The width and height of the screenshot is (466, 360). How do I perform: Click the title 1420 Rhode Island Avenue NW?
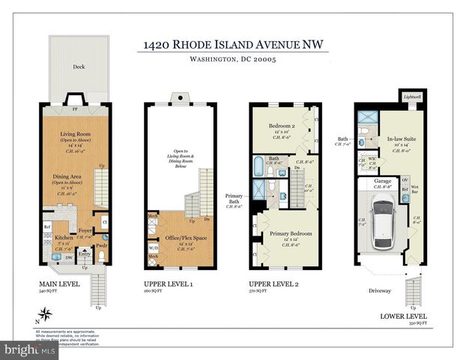tap(233, 44)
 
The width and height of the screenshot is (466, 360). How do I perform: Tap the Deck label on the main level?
tap(79, 67)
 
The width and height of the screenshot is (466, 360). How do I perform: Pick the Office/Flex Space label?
tap(180, 238)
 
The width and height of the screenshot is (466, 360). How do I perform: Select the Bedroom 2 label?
tap(282, 126)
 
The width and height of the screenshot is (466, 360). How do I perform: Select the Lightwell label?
tap(411, 97)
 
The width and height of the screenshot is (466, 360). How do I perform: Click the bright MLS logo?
tap(30, 350)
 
